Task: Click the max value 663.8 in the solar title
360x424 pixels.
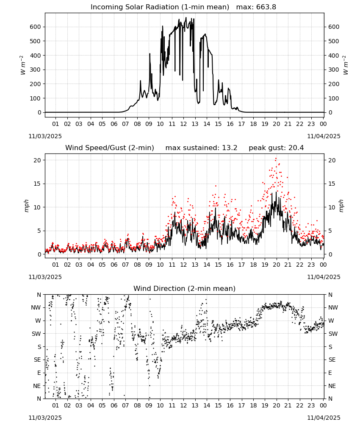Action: click(266, 7)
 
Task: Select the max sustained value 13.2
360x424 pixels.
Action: click(230, 148)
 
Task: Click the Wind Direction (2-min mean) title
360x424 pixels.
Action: click(185, 288)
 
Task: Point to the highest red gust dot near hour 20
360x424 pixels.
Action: click(276, 159)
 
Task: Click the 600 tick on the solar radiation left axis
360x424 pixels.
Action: click(36, 27)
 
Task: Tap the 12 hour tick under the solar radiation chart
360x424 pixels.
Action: click(183, 124)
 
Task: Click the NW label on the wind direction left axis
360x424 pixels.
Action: click(36, 307)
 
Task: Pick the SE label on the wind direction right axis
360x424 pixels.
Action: click(332, 360)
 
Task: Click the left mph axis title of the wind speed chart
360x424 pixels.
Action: click(26, 206)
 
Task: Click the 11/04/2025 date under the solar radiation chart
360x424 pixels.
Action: click(324, 136)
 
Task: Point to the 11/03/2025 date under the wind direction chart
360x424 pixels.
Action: click(45, 418)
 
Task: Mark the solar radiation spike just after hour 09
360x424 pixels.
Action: click(150, 54)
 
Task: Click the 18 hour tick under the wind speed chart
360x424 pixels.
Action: click(253, 265)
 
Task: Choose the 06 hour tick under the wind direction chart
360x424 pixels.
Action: click(114, 405)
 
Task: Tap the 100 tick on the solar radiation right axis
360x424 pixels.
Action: click(334, 98)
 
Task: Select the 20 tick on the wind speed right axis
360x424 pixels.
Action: click(332, 160)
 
